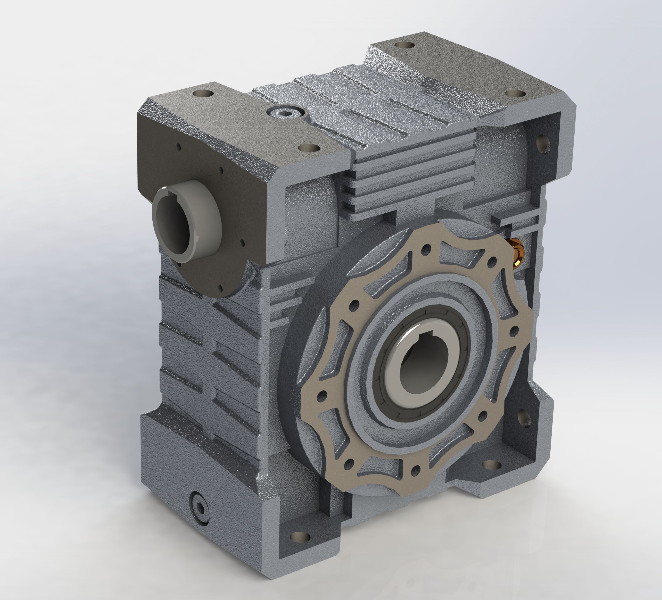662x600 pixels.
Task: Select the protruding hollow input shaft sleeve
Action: point(186,223)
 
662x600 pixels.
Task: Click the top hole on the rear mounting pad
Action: point(404,44)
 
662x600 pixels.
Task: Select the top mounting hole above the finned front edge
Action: point(310,148)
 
